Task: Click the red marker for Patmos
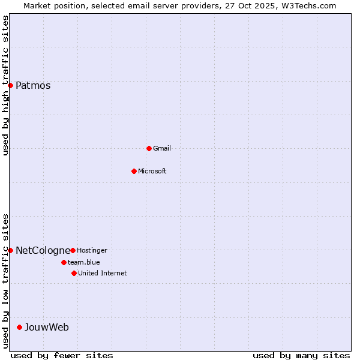pos(10,86)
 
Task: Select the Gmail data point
pos(149,148)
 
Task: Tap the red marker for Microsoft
pos(134,171)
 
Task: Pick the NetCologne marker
pos(10,250)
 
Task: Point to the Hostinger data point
pos(73,250)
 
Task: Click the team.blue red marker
pos(64,262)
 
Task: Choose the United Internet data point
pos(74,273)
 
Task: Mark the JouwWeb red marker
pos(19,327)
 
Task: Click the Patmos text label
pos(33,86)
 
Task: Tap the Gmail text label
pos(162,148)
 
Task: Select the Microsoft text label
pos(152,171)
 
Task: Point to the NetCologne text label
pos(42,250)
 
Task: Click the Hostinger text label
pos(92,250)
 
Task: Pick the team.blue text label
pos(84,262)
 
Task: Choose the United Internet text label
pos(103,273)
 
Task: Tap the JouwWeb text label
pos(47,327)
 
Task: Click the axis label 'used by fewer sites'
pos(62,355)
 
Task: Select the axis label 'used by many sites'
pos(301,355)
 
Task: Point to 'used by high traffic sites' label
pos(6,85)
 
